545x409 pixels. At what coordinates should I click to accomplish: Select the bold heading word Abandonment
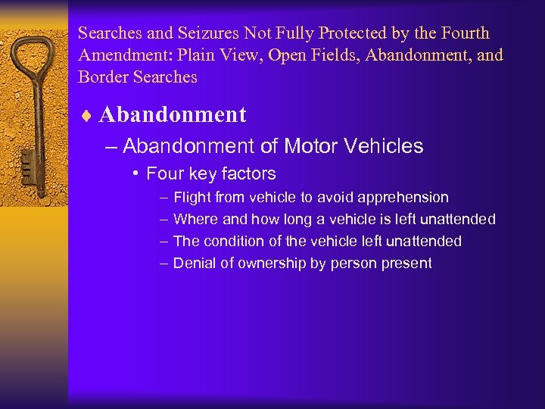(173, 115)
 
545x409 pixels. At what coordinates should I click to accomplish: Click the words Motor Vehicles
(363, 145)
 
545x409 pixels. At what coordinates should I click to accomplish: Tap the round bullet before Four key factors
(134, 174)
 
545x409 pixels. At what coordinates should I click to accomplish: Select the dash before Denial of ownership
(164, 264)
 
